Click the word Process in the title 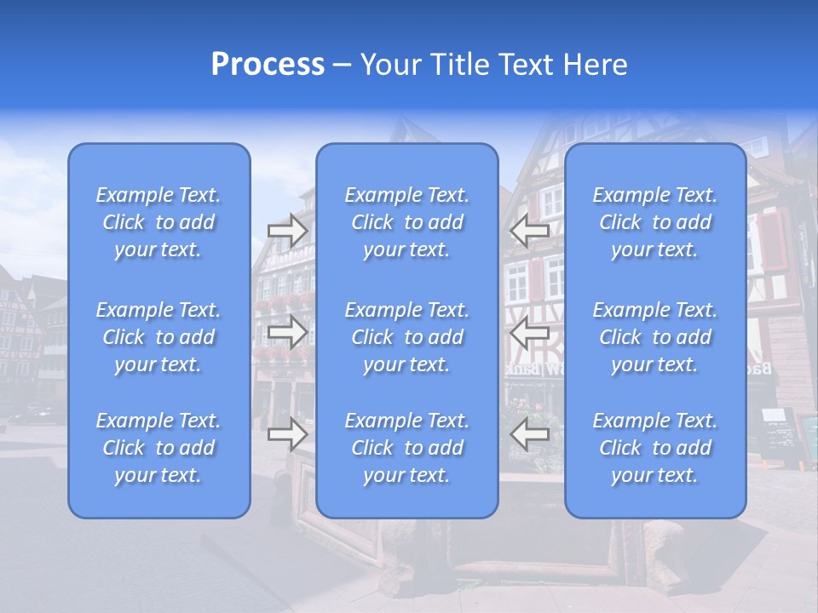(268, 65)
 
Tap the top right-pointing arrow (288, 231)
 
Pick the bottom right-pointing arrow (288, 434)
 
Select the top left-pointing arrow (530, 229)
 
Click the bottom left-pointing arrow (530, 434)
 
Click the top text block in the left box (158, 222)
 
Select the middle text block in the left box (158, 337)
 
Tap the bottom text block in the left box (158, 448)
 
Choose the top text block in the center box (407, 222)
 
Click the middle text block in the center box (407, 337)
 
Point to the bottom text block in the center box (407, 448)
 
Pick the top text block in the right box (655, 222)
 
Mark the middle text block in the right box (655, 337)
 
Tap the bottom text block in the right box (655, 448)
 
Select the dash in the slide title (343, 66)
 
